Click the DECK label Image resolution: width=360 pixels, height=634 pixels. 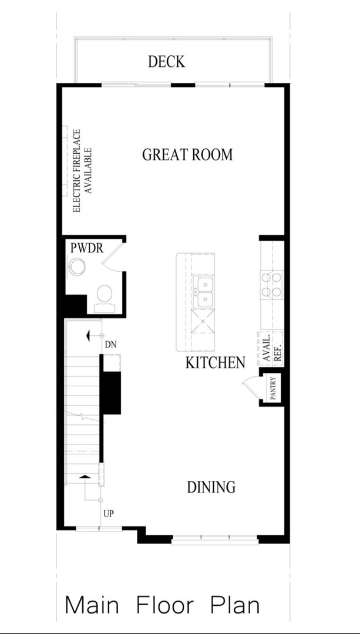(166, 62)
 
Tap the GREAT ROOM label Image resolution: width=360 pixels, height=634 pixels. (187, 155)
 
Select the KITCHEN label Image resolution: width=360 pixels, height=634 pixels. (215, 363)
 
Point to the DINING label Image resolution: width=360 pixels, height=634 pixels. (211, 487)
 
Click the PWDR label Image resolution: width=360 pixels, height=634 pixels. (87, 248)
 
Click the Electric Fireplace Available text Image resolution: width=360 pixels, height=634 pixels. (82, 171)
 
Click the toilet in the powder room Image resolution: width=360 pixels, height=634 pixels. (105, 296)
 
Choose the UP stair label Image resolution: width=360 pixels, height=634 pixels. (108, 514)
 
